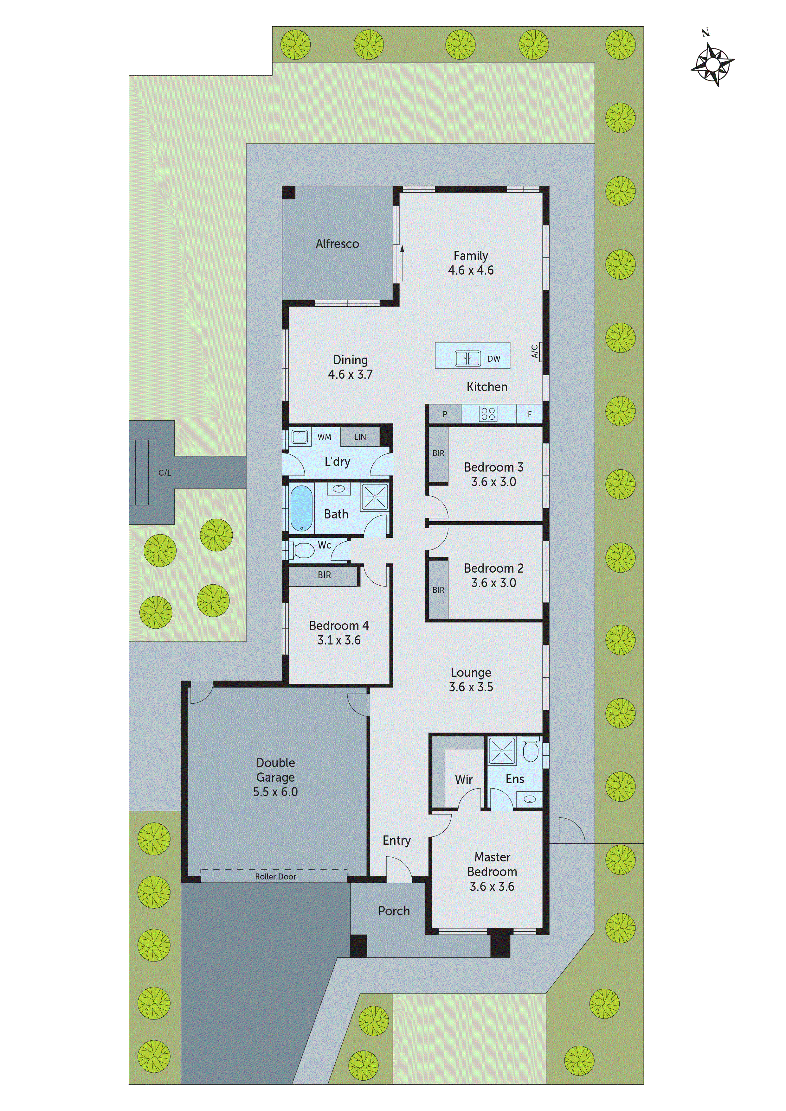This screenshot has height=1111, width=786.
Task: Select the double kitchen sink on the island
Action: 467,359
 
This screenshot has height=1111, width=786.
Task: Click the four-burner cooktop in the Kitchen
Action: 488,414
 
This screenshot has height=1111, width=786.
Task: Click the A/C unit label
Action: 535,351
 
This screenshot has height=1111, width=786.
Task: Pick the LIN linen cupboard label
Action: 360,437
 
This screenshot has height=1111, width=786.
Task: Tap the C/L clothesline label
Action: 165,473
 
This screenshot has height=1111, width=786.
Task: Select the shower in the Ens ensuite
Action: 502,751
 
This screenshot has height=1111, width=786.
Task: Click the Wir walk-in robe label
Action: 463,779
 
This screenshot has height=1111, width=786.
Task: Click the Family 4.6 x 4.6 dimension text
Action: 471,270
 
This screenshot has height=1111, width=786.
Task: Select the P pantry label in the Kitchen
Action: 445,414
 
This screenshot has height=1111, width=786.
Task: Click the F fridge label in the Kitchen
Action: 529,414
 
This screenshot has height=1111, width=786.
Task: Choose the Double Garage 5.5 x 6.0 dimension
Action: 275,792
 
